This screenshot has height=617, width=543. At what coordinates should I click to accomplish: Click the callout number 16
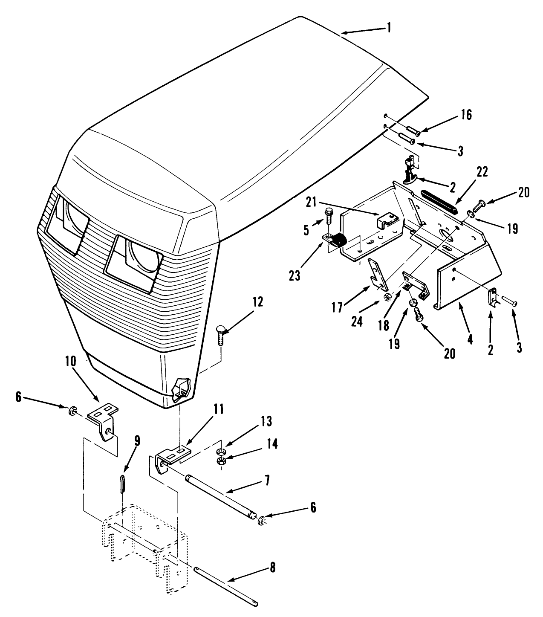pos(466,115)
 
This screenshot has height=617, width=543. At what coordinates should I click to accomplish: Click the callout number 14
pos(273,444)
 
